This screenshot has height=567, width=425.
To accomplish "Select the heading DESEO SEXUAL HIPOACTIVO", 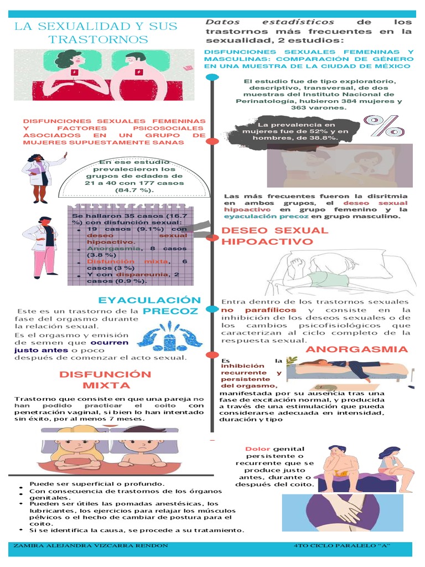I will click(274, 236).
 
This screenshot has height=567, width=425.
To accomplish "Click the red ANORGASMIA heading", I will click(356, 349).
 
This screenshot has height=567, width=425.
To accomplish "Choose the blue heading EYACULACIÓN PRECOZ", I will click(149, 306).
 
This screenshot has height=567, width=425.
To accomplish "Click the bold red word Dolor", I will click(257, 449).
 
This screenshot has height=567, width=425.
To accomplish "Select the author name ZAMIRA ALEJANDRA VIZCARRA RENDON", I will click(90, 546).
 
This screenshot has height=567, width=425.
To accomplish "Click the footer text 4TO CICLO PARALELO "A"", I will click(343, 546).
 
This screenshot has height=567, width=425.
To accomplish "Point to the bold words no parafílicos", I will click(259, 310).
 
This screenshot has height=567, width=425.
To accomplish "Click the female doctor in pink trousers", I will click(44, 246).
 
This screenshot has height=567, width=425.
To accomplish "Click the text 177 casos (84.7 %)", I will click(128, 186).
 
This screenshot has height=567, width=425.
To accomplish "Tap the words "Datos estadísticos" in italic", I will click(270, 22).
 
